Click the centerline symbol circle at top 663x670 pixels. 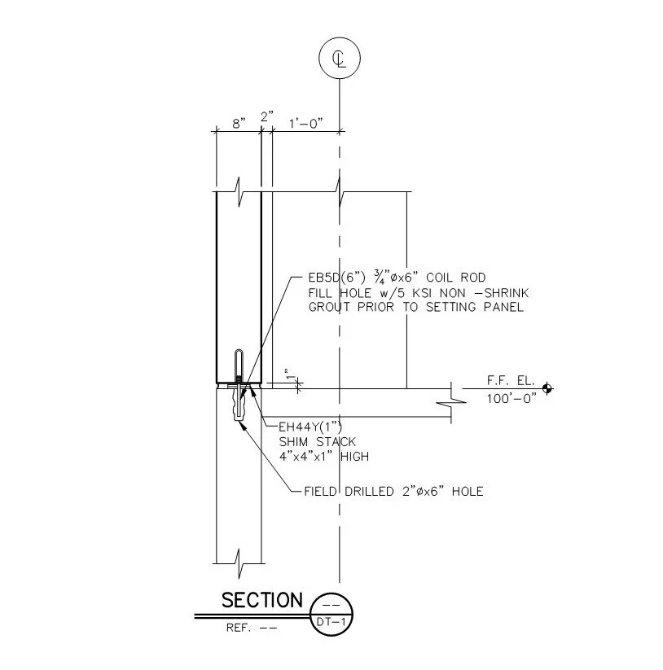click(340, 58)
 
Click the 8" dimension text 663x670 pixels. click(239, 124)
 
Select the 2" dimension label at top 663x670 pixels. click(267, 116)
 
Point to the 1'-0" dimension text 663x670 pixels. click(305, 124)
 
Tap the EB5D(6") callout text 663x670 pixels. click(337, 278)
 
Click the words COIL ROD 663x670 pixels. click(456, 278)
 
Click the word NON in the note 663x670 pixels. click(453, 293)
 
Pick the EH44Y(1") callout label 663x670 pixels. click(310, 427)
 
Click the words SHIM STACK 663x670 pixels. click(317, 441)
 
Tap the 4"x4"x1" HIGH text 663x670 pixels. click(324, 457)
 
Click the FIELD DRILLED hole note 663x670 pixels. click(393, 492)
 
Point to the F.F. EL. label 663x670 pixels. click(511, 380)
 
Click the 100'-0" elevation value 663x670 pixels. click(512, 398)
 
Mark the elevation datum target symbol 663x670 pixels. click(547, 388)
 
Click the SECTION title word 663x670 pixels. click(262, 600)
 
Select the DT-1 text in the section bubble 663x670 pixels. click(331, 622)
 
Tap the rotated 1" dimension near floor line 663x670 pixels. click(291, 374)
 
